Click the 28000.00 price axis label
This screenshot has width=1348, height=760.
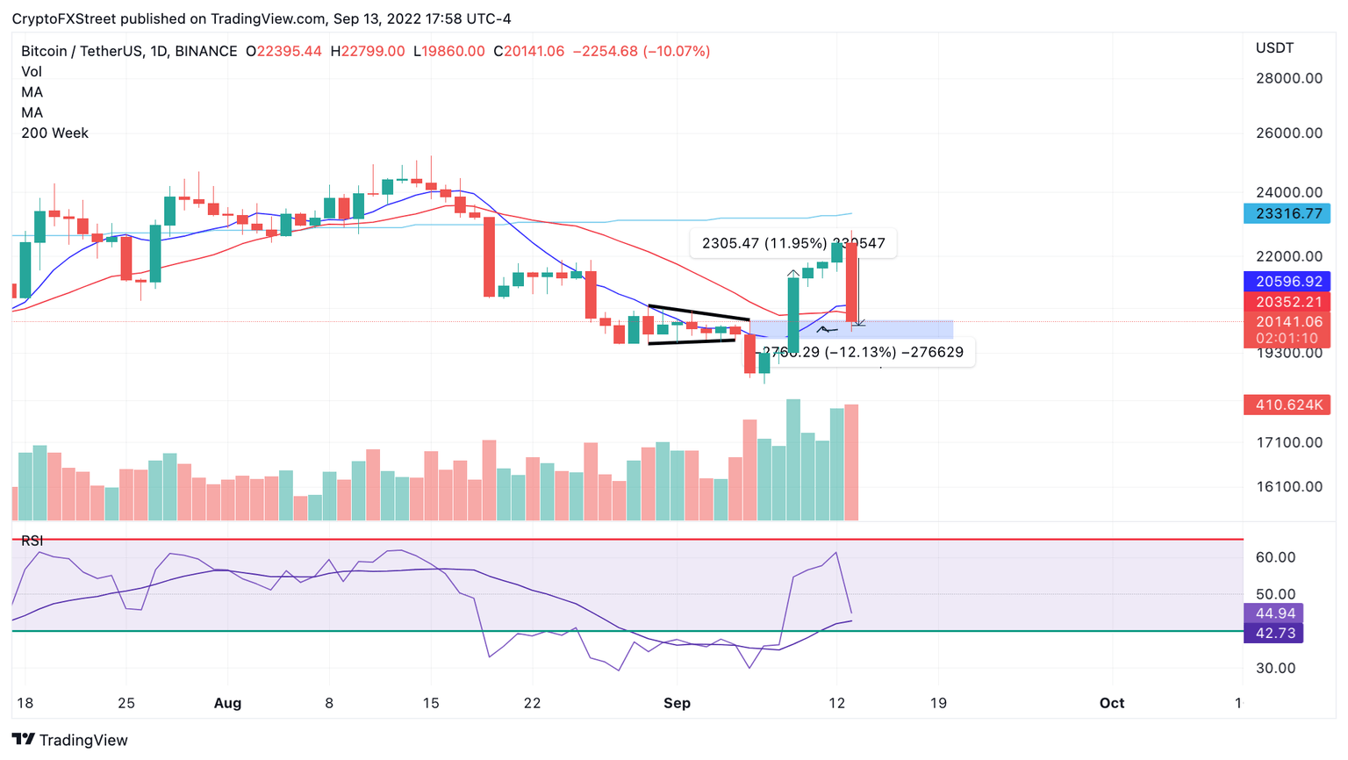1288,78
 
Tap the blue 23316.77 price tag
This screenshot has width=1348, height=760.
1287,213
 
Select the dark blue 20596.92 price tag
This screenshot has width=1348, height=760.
1287,282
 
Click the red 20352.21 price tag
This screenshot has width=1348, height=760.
1287,302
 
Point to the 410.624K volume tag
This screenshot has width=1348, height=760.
1287,405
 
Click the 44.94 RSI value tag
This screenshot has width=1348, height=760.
1273,613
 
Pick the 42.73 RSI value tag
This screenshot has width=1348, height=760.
1273,634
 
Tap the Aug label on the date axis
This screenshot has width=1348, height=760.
227,703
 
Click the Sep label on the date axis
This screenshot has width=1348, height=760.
677,703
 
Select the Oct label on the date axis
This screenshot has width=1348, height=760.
1112,703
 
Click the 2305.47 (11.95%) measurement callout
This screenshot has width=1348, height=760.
793,243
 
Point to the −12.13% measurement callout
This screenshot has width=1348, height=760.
864,352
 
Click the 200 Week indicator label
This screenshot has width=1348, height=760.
54,133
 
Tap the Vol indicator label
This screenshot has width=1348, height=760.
32,72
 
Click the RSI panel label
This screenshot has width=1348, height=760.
32,541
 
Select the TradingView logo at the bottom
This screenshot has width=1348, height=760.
69,740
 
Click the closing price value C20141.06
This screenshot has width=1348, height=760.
528,51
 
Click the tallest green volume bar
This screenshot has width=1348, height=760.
792,460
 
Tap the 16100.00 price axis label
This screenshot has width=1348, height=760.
1288,486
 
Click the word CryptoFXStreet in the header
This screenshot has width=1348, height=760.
63,18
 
